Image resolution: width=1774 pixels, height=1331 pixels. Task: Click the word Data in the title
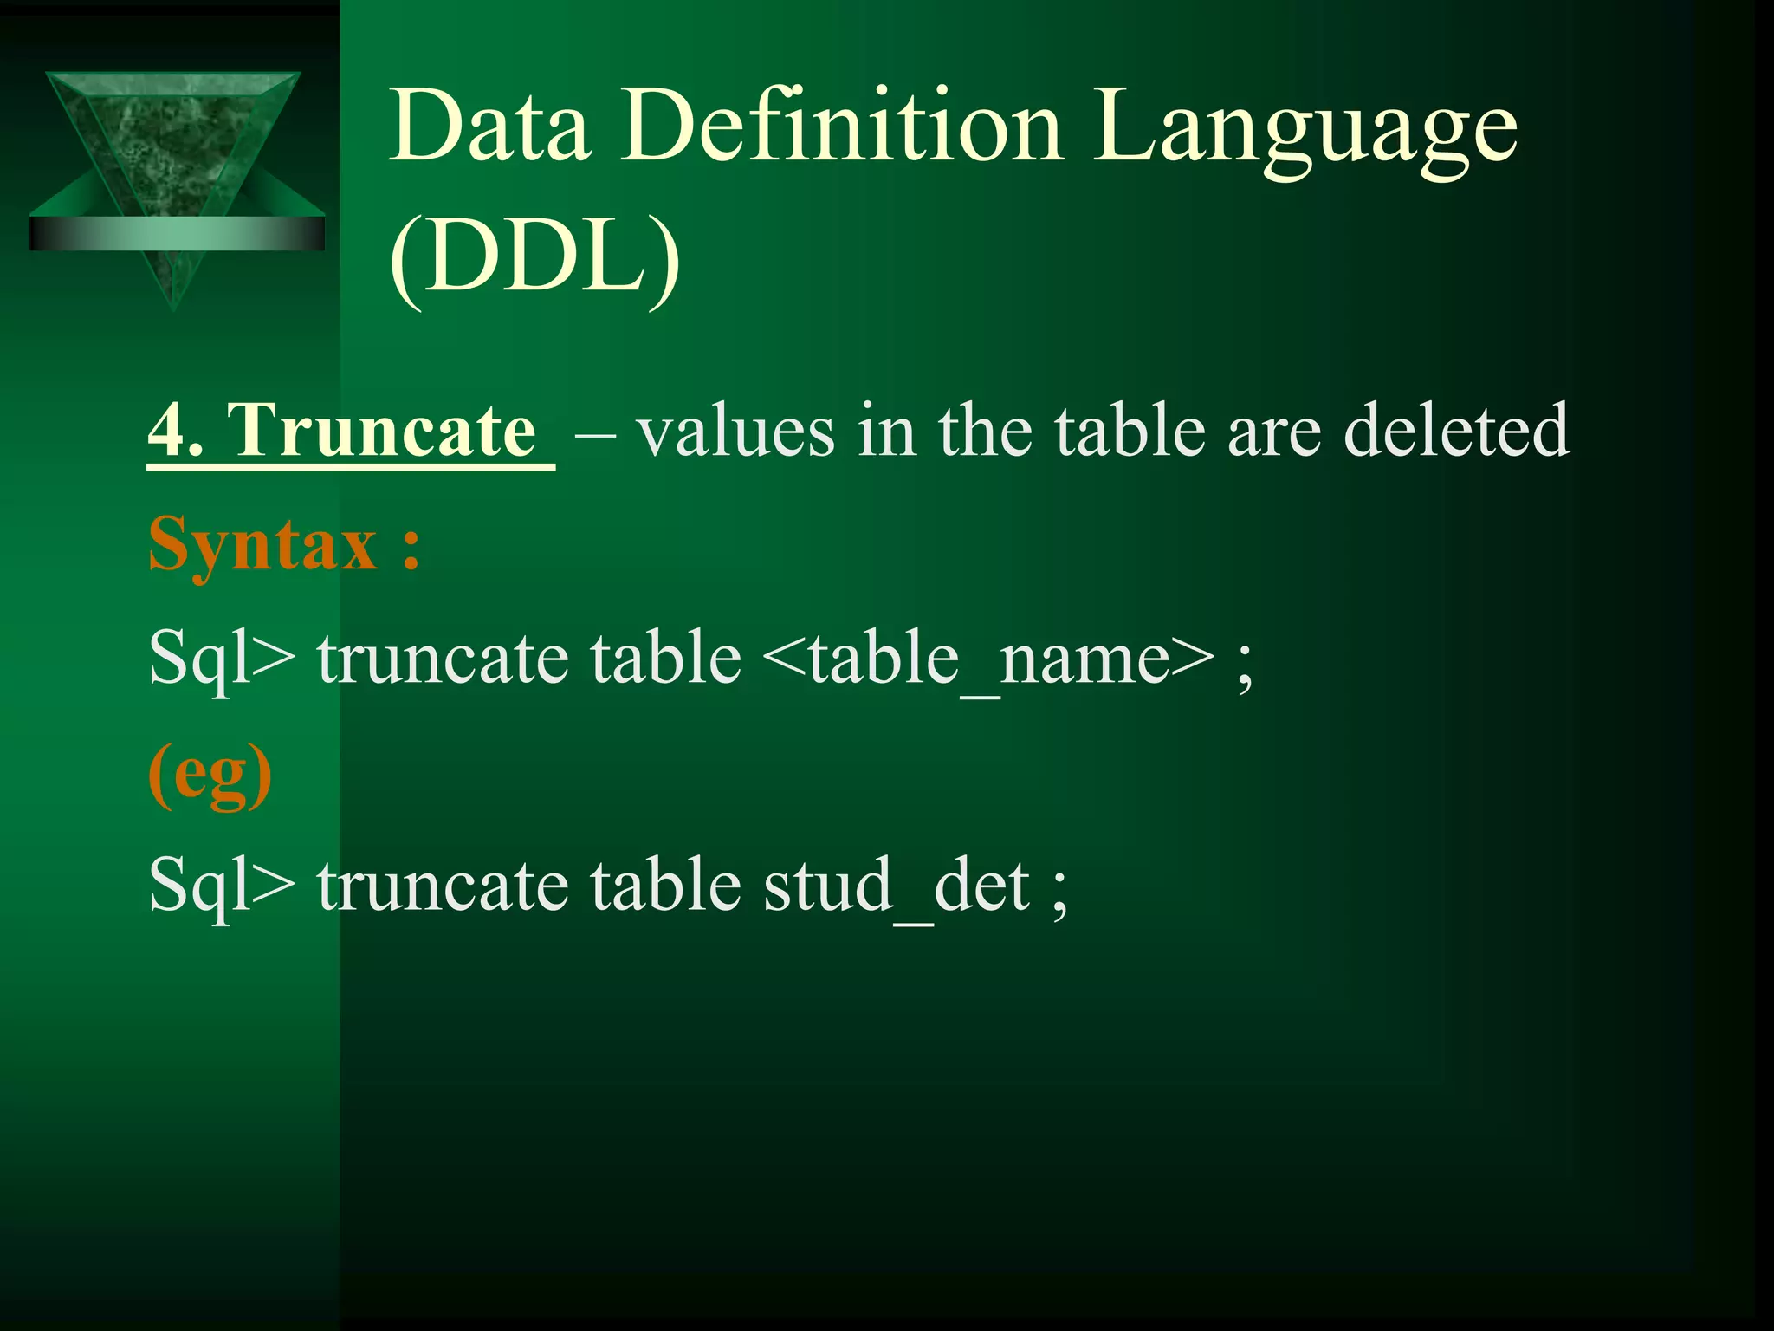490,127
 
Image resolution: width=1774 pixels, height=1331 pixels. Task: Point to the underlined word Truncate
381,431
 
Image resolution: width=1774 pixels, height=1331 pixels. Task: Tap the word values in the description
735,431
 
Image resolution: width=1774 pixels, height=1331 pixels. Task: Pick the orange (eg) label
210,774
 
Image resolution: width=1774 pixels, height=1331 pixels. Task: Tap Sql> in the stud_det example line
220,886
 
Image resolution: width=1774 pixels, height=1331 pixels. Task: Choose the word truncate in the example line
442,886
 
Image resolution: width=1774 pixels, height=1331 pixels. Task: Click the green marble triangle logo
173,139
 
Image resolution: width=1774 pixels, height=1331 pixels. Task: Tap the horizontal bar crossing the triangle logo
177,233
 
